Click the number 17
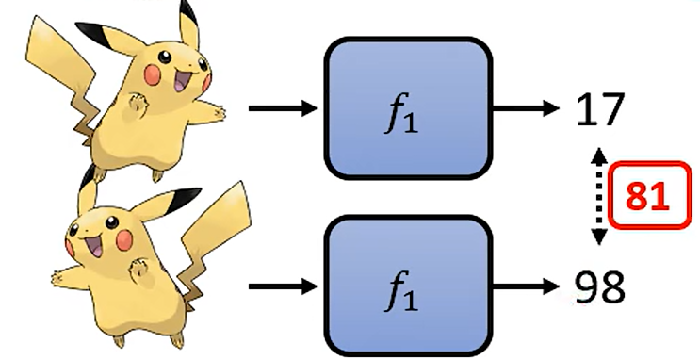pos(599,111)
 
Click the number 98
pos(599,286)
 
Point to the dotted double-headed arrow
pos(595,197)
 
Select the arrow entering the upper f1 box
pos(283,109)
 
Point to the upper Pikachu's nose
pos(172,69)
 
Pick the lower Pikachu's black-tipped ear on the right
pos(174,200)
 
